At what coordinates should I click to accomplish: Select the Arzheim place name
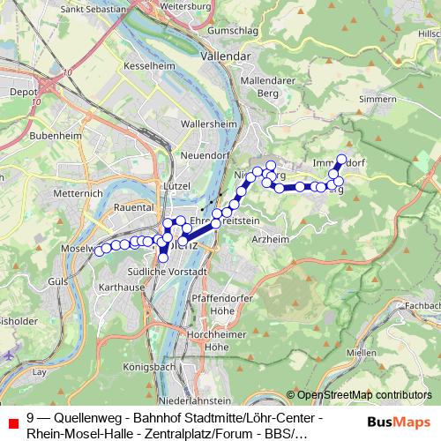point(271,239)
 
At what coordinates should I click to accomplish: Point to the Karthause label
point(122,288)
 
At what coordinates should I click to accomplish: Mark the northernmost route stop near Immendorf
point(342,160)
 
